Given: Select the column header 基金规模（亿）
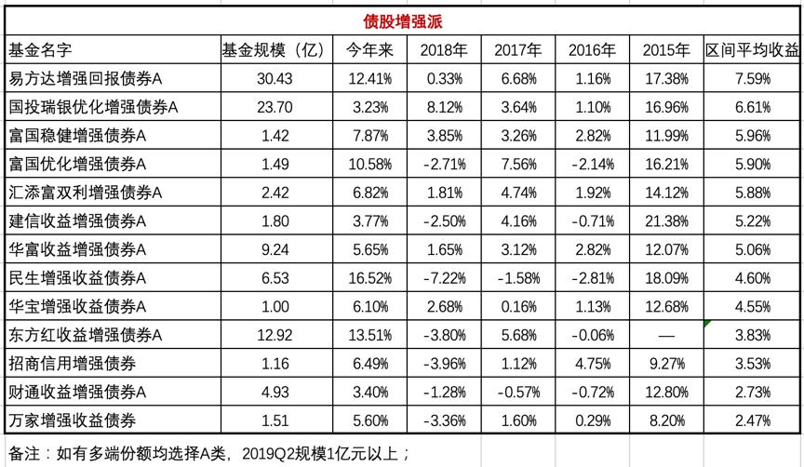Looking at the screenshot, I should (x=274, y=49).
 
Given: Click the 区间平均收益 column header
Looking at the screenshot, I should (x=752, y=49).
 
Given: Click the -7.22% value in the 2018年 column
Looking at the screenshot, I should (x=441, y=277).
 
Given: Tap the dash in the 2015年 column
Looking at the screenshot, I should (x=665, y=334).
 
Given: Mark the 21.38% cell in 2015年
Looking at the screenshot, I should (x=665, y=220).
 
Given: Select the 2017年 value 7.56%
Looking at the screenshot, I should (x=516, y=164).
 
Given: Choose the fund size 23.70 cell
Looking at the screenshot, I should (x=274, y=107).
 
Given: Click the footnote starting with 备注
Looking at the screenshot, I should (x=209, y=452).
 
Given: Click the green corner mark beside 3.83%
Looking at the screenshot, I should (x=708, y=323).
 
